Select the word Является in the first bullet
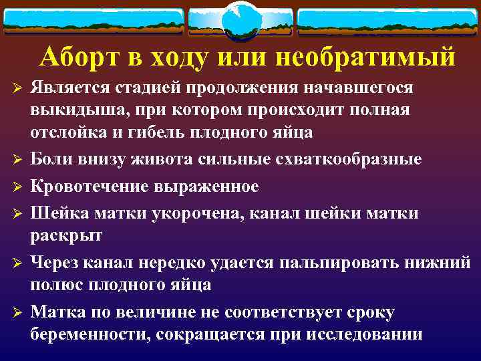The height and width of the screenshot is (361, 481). coord(69,89)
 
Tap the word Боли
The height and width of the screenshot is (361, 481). coord(53,160)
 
